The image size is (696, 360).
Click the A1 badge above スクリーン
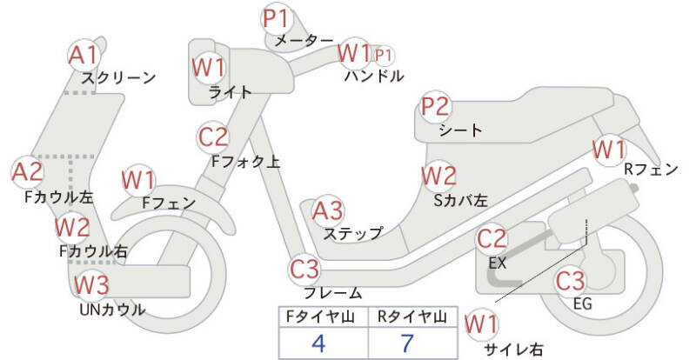(84, 56)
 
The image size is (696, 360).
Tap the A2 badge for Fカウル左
(28, 172)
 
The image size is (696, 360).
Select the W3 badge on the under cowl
(91, 285)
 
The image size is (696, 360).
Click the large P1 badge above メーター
(276, 19)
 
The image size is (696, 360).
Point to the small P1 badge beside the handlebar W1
(384, 56)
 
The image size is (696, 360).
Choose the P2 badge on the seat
(436, 108)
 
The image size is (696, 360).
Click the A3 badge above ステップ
(328, 210)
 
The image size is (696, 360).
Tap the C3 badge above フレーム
(304, 269)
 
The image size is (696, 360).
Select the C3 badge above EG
(571, 281)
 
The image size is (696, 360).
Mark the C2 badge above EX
(492, 239)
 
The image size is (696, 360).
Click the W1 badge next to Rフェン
(610, 150)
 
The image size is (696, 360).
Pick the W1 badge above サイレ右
(481, 324)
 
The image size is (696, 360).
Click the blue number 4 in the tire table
(318, 343)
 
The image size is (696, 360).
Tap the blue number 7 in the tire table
(407, 343)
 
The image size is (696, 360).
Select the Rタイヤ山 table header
(412, 317)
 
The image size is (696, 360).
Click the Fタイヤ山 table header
(320, 317)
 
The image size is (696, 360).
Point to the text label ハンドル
(374, 76)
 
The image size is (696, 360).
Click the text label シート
(460, 130)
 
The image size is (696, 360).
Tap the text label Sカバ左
(461, 201)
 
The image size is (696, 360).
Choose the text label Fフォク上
(245, 162)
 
